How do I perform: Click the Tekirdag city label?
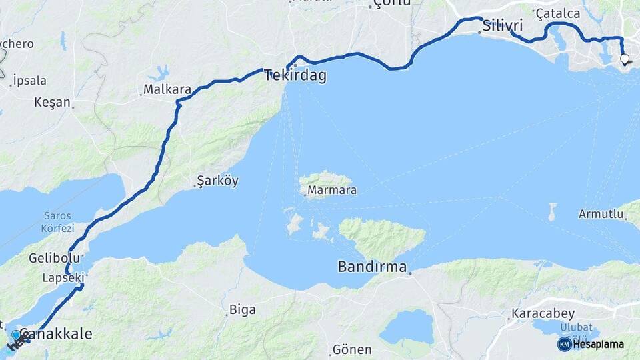(295, 76)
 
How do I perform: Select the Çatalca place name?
(558, 13)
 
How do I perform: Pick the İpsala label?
(29, 81)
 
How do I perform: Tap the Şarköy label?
(217, 181)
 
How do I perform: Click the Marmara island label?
(331, 191)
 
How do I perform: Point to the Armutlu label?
(601, 214)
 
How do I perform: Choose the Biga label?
(242, 309)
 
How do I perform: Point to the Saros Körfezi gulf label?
(57, 221)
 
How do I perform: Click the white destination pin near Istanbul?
(625, 59)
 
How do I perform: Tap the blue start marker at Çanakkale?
(16, 335)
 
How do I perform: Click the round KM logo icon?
(564, 344)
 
